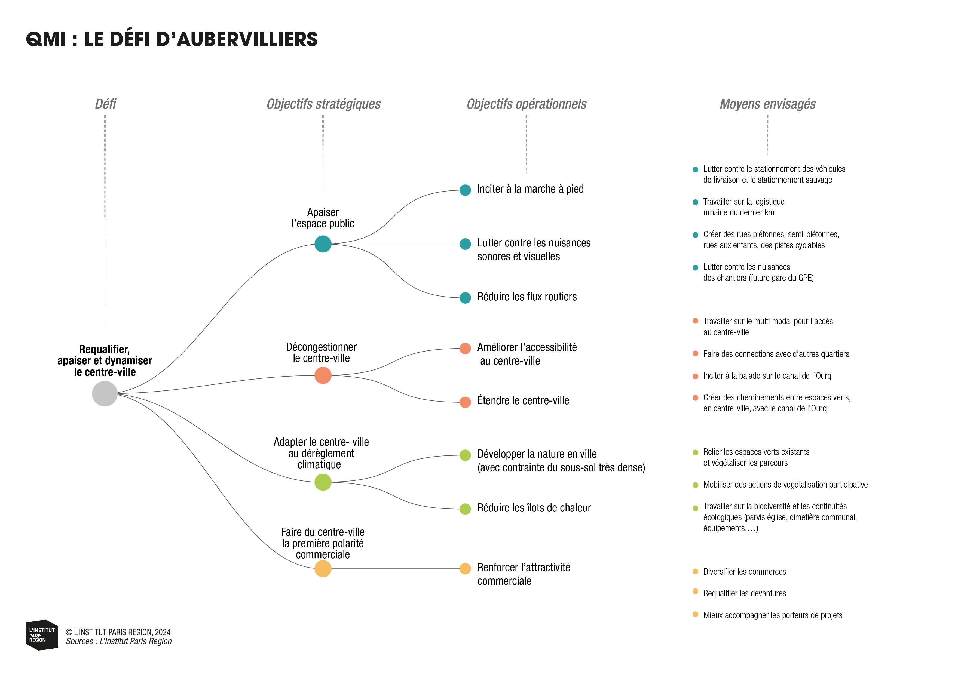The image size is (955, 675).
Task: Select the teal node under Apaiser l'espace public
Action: [323, 244]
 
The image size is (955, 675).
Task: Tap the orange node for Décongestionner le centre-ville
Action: [323, 375]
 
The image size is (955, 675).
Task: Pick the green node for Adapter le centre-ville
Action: [323, 482]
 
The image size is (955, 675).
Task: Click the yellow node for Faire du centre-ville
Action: [323, 569]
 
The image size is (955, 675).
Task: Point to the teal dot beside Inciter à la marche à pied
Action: [465, 190]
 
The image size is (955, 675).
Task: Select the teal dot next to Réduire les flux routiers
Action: [465, 298]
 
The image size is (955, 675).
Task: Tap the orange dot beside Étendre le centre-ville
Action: [465, 402]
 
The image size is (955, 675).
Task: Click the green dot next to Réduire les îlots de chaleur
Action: [465, 509]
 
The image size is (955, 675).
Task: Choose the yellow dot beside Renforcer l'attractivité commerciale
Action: [465, 569]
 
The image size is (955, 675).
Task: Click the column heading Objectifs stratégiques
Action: [324, 104]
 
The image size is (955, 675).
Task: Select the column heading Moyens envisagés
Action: [767, 104]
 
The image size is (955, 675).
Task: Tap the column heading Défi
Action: [105, 104]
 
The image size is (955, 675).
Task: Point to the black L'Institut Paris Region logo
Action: [42, 635]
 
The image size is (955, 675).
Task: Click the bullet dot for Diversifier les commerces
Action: [695, 572]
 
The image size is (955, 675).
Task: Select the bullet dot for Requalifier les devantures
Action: [695, 591]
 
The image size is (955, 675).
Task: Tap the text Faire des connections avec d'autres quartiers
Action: [776, 354]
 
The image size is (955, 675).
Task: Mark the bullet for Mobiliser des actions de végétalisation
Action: [695, 485]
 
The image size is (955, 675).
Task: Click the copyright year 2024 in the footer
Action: [163, 632]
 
